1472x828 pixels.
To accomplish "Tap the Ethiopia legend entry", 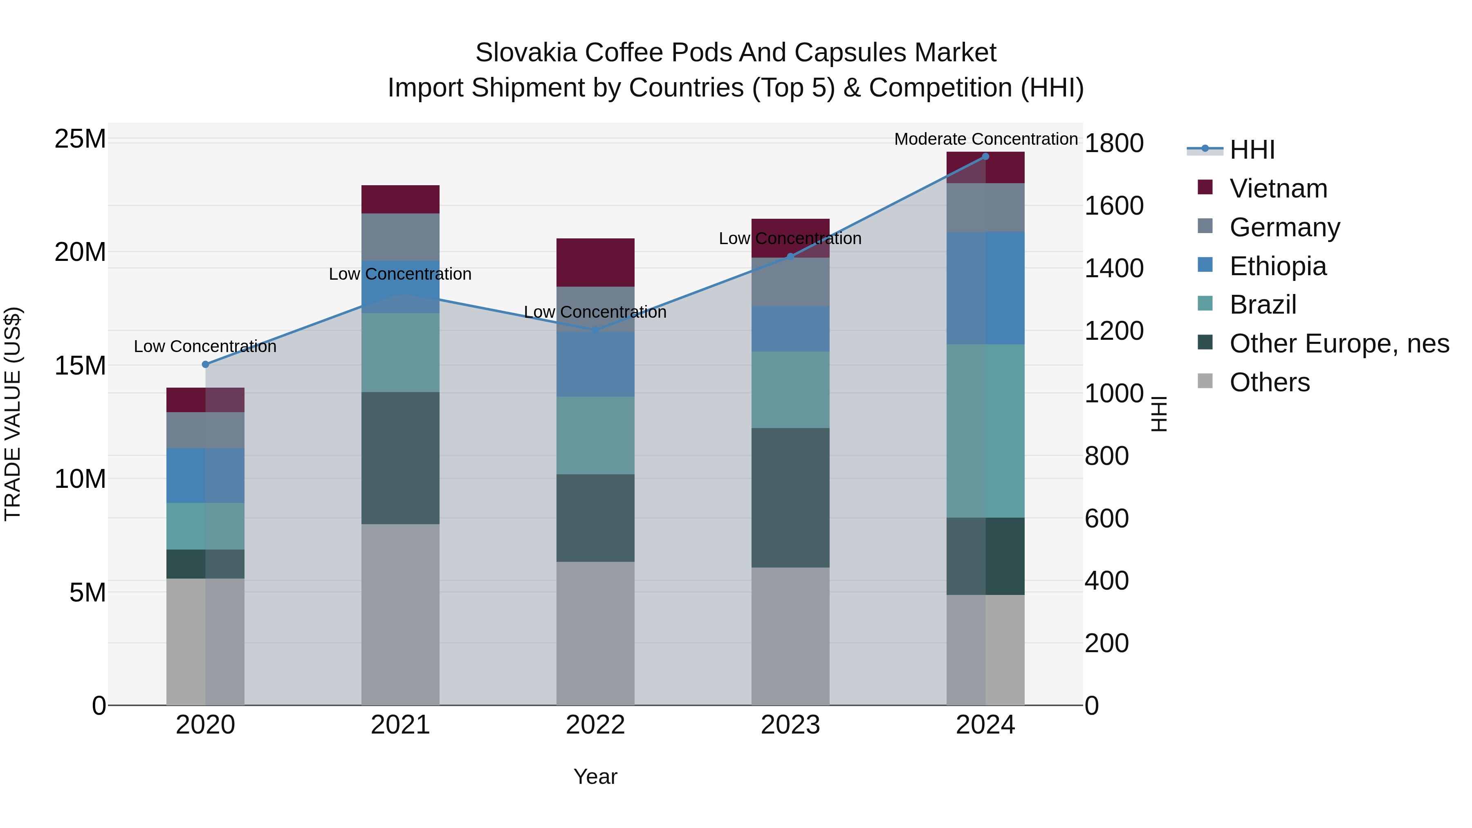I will pos(1278,266).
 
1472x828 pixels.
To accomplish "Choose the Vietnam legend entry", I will pos(1278,188).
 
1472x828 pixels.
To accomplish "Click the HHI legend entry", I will pos(1252,150).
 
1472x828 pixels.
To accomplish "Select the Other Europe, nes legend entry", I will pos(1339,343).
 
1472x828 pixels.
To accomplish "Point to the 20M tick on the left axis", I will pos(80,252).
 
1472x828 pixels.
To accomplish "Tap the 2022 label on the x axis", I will pos(595,725).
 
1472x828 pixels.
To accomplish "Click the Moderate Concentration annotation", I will pos(986,139).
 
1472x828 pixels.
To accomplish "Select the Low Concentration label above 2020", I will pos(205,346).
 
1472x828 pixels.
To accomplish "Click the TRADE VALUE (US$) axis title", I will pos(13,414).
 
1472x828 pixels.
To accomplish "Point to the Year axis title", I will pos(595,776).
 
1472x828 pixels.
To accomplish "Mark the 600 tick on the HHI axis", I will pos(1106,518).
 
